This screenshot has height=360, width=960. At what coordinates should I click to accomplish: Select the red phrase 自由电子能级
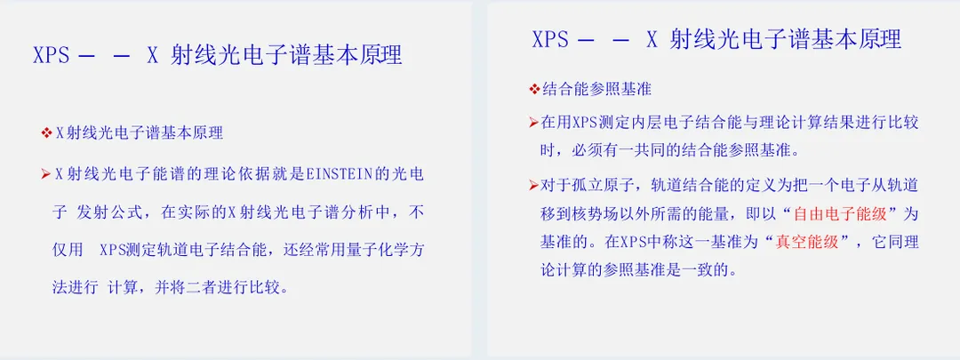840,214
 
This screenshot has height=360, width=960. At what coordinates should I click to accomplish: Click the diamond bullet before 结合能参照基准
533,90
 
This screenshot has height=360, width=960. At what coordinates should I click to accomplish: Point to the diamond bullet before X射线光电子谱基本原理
46,132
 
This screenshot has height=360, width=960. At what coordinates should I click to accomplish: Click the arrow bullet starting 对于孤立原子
533,186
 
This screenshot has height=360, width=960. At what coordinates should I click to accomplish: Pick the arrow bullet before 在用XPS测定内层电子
533,123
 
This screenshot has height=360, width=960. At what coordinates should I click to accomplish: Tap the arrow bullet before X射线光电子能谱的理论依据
46,174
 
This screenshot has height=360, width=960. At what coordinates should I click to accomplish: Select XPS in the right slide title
550,40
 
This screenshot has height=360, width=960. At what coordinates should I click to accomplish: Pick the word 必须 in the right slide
588,149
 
